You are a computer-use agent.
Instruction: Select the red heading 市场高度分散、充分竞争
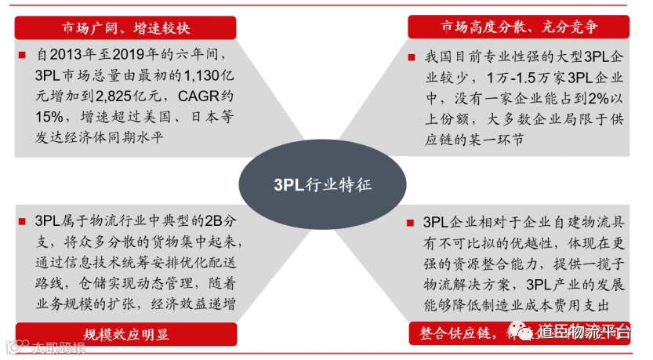520,27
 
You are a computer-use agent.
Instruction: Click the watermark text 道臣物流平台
582,333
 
